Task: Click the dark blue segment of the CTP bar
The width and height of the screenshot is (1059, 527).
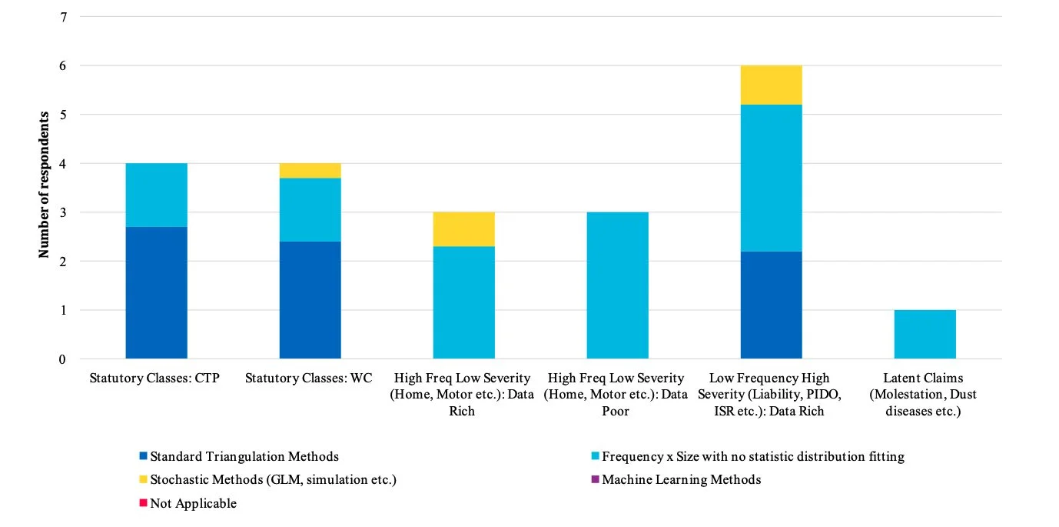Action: click(x=156, y=292)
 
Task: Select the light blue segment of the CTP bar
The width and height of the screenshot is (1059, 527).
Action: click(x=156, y=195)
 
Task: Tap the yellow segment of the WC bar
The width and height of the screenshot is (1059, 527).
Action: click(x=310, y=170)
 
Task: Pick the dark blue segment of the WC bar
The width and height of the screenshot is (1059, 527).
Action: click(x=310, y=300)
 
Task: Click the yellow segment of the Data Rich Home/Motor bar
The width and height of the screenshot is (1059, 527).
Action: click(x=463, y=229)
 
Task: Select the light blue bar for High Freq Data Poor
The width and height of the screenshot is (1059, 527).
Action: click(x=617, y=285)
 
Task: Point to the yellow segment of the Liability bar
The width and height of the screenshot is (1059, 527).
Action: click(x=771, y=85)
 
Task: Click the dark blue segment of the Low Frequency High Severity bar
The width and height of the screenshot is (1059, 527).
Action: click(x=771, y=305)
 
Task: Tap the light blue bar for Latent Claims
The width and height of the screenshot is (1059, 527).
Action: click(x=925, y=335)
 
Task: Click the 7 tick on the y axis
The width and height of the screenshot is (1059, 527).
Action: click(x=63, y=17)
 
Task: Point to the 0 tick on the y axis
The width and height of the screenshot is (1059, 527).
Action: click(x=63, y=359)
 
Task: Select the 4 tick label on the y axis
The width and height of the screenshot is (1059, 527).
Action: click(x=63, y=164)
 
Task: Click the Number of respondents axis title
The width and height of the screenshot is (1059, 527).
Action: click(x=45, y=184)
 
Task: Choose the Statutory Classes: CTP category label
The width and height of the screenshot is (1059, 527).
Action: click(x=154, y=379)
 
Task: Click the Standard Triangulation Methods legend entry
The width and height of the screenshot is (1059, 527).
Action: click(x=244, y=456)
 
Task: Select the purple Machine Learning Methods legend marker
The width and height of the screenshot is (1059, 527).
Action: click(x=594, y=479)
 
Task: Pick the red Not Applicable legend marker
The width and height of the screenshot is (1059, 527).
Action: click(x=143, y=503)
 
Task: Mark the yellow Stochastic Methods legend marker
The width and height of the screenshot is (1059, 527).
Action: click(x=143, y=479)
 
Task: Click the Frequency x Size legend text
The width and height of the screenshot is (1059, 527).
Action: click(x=752, y=456)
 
